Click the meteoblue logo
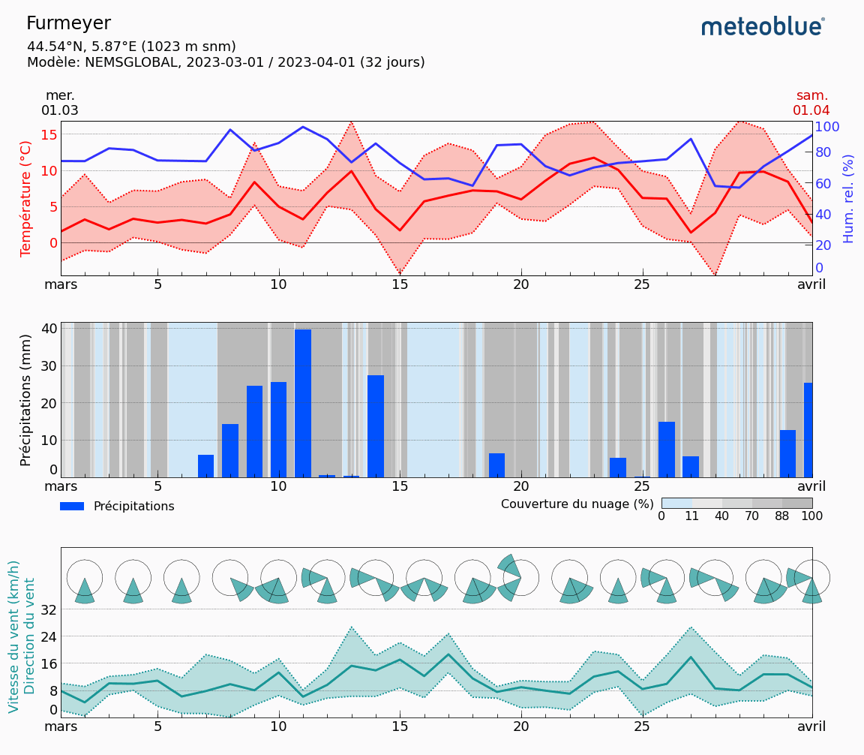(763, 27)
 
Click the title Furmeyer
(68, 23)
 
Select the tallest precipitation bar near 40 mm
(303, 403)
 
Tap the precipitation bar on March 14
(376, 426)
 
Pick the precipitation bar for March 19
(496, 465)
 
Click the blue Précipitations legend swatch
(72, 507)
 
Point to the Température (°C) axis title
(26, 198)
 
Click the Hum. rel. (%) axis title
(848, 198)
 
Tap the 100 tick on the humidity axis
(827, 126)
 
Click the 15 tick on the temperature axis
(49, 134)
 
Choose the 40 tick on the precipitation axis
(49, 328)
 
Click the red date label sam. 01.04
(811, 103)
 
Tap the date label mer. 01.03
(60, 103)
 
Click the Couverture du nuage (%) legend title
(577, 504)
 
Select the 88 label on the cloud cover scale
(782, 516)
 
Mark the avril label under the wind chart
(811, 726)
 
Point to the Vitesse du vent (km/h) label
(13, 636)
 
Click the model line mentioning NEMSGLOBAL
(226, 62)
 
